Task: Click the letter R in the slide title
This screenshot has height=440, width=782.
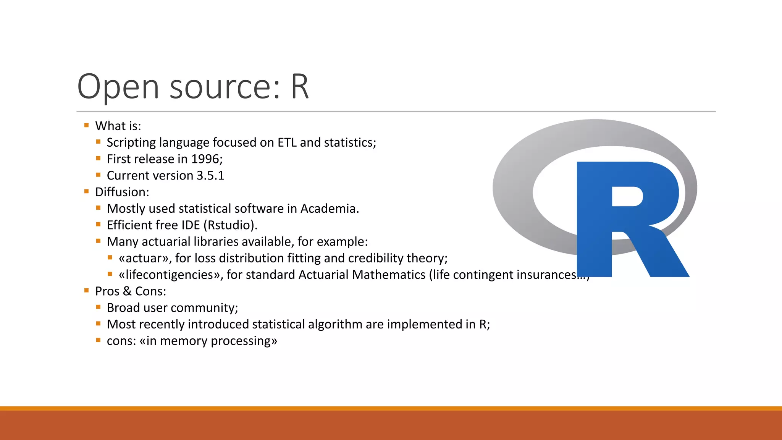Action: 300,87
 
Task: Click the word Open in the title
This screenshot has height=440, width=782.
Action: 118,87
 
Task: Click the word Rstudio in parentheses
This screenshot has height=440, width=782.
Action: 231,225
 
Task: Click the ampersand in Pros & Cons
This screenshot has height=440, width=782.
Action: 127,291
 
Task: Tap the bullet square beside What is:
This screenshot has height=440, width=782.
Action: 87,125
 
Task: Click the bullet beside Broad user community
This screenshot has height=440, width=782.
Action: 99,307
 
